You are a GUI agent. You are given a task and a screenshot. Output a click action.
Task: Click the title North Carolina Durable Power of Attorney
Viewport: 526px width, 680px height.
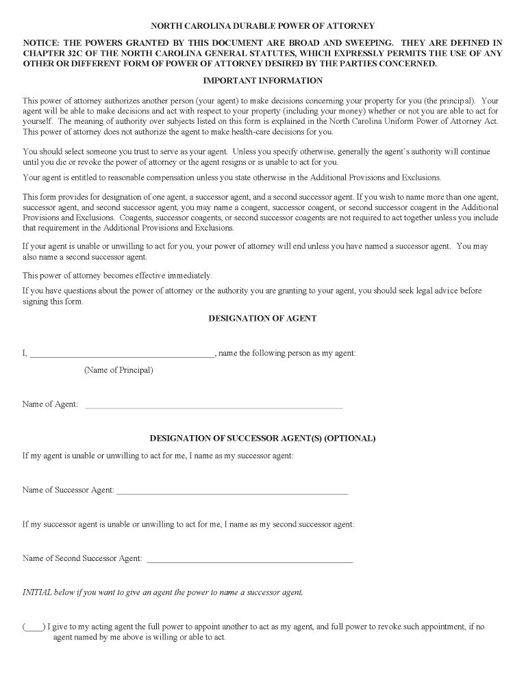[x=262, y=26]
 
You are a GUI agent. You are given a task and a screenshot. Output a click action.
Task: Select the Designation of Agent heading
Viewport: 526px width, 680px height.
[x=262, y=318]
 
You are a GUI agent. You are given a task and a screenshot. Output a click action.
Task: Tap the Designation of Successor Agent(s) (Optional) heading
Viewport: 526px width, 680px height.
[x=262, y=438]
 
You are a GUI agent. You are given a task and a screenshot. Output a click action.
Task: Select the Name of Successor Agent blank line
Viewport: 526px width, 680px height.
[x=232, y=492]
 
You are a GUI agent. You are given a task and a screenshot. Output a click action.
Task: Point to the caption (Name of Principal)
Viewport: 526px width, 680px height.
[x=118, y=370]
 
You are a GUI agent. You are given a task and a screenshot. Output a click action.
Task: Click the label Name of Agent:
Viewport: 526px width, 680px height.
[x=50, y=404]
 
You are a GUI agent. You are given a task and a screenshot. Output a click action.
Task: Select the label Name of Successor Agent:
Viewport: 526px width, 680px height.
[x=68, y=490]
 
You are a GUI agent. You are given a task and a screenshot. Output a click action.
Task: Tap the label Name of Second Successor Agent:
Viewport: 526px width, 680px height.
[x=82, y=558]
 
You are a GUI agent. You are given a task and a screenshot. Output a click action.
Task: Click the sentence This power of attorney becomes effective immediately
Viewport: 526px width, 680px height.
[x=117, y=276]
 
